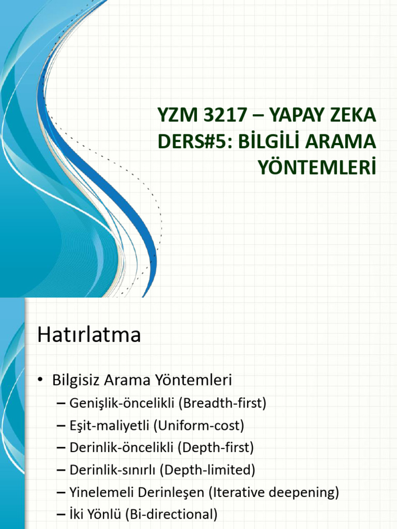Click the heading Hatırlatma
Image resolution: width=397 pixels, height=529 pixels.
click(x=89, y=335)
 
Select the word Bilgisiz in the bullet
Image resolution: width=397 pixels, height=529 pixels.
click(x=75, y=381)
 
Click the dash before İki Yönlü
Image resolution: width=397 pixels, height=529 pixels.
click(x=60, y=515)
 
